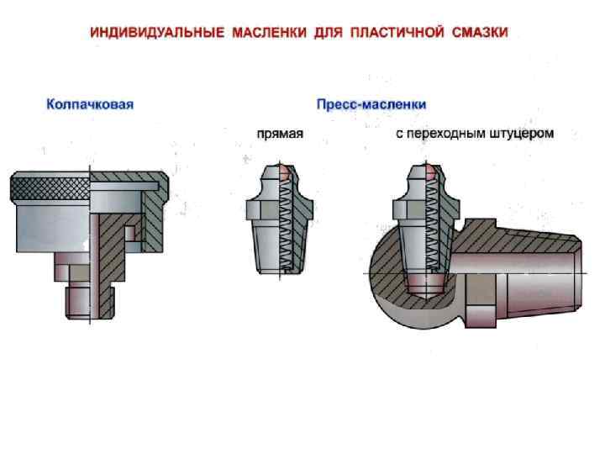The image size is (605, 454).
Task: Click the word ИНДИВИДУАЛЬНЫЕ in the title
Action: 158,34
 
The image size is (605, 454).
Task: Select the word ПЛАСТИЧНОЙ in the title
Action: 394,34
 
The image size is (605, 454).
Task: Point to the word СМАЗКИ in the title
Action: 480,34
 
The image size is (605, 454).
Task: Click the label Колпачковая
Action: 90,105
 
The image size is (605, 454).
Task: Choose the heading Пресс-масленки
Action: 371,105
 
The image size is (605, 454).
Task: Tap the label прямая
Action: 280,133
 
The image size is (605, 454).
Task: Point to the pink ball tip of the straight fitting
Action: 286,172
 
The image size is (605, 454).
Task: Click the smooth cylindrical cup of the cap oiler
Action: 46,227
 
